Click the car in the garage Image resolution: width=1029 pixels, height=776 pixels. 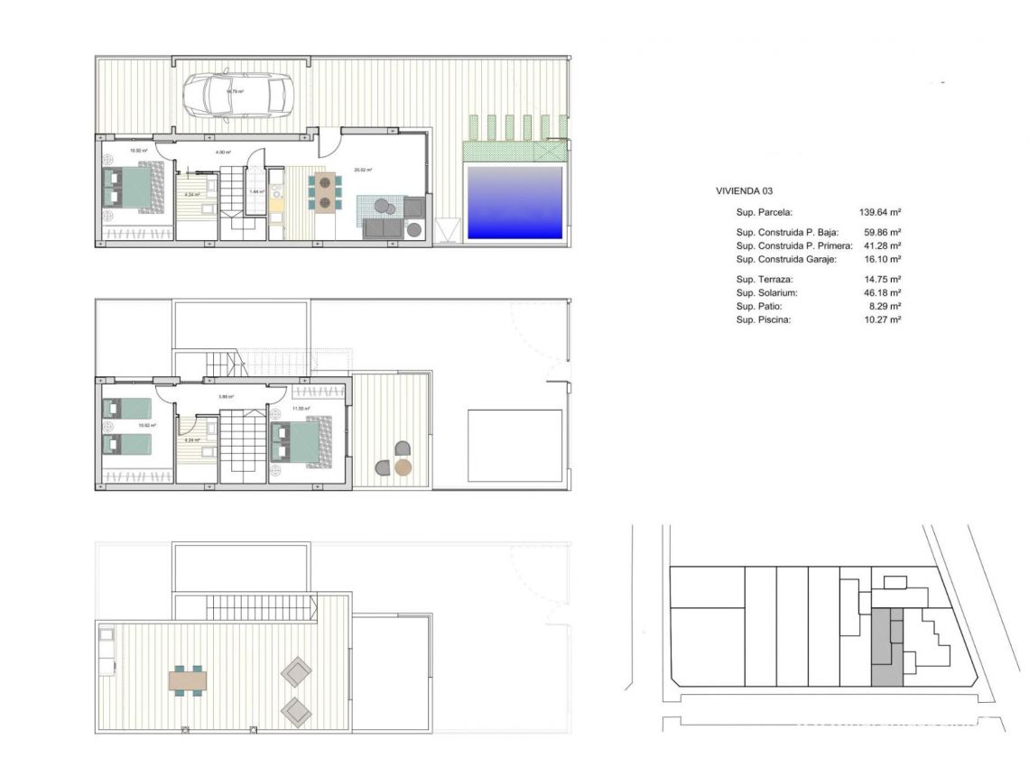click(236, 93)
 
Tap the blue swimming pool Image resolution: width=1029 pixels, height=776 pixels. click(514, 202)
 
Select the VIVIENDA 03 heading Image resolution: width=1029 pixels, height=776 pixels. click(744, 191)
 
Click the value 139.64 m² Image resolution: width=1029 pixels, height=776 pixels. click(883, 213)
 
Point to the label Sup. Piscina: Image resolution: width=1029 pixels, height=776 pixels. click(764, 319)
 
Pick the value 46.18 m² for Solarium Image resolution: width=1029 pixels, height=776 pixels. click(883, 293)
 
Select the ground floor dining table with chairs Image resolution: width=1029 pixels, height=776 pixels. click(324, 191)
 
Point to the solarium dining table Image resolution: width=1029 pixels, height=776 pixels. click(188, 679)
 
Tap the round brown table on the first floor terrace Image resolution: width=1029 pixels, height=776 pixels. click(403, 467)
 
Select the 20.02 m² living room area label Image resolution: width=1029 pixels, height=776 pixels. click(365, 169)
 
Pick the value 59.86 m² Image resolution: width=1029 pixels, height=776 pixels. click(883, 232)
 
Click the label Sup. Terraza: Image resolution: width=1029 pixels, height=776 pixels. click(764, 280)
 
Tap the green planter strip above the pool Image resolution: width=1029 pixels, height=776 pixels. click(514, 151)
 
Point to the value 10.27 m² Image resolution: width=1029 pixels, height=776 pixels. click(883, 319)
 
